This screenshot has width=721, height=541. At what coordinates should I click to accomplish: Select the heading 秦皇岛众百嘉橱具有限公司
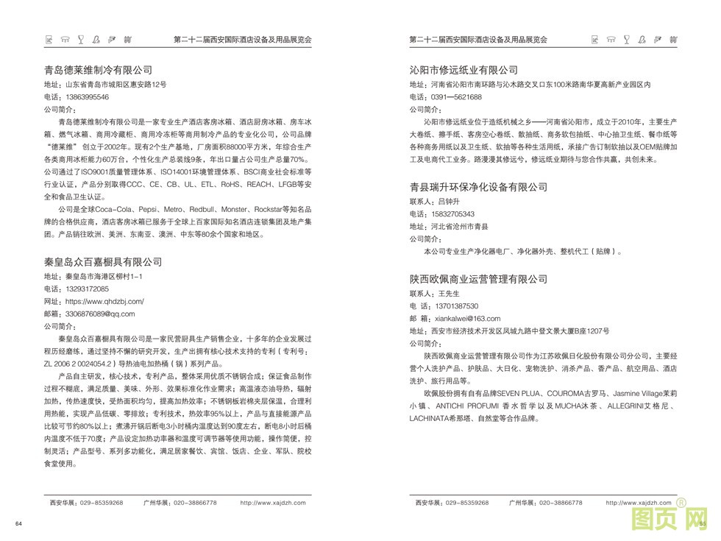tap(103, 262)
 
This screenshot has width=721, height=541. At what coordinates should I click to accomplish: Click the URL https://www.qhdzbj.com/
tap(104, 301)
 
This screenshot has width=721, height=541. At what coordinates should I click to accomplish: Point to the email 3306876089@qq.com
tap(100, 314)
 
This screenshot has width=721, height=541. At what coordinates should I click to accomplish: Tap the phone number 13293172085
tap(88, 289)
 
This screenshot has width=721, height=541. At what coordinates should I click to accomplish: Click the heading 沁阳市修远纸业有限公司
tap(464, 71)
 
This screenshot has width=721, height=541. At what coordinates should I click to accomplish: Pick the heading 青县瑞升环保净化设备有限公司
tap(478, 187)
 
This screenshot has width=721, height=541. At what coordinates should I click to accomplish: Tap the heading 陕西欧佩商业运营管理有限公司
tap(478, 279)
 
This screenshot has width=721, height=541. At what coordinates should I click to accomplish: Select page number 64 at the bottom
tap(19, 523)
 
